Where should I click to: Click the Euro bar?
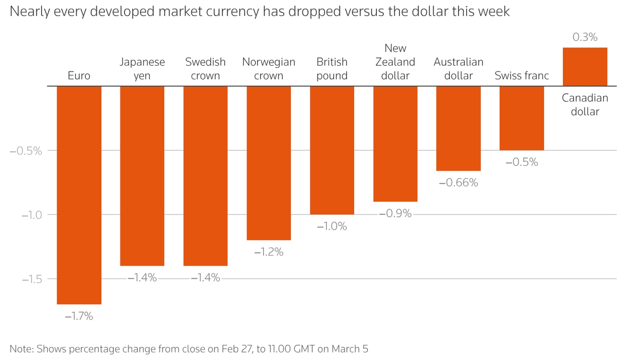tap(79, 195)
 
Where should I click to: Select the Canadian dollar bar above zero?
tap(585, 67)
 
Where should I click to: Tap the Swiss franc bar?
tap(521, 118)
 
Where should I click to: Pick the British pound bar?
tap(332, 150)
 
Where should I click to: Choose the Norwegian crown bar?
tap(269, 163)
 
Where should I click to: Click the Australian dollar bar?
tap(458, 128)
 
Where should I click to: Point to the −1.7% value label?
tap(79, 316)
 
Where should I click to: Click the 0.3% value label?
tap(585, 37)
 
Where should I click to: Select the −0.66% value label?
tap(458, 182)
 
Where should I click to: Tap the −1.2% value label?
tap(269, 252)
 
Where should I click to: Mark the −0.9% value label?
tap(395, 214)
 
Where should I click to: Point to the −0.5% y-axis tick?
tap(26, 151)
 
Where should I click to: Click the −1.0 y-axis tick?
tap(32, 215)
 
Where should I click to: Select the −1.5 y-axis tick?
tap(32, 279)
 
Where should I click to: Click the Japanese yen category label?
tap(142, 69)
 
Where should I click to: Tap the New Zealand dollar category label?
tap(395, 62)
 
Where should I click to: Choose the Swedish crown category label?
tap(205, 69)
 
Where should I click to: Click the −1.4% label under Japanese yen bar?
tap(142, 278)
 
